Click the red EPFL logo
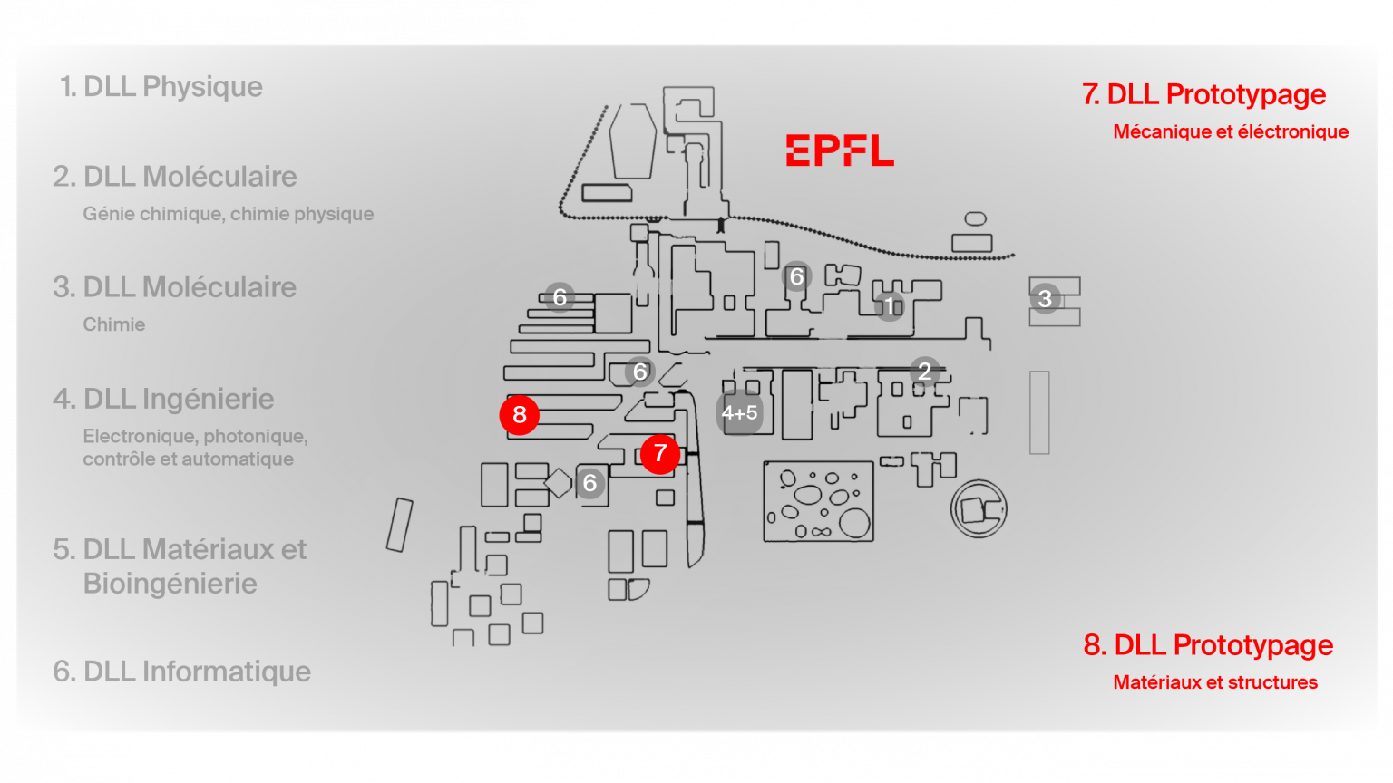click(x=840, y=150)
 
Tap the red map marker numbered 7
click(x=660, y=453)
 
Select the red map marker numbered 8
click(x=520, y=415)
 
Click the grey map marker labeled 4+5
click(x=739, y=413)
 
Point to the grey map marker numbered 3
click(x=1045, y=298)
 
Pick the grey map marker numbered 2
click(x=924, y=371)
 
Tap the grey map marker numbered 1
click(x=890, y=306)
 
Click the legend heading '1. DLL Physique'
click(x=161, y=87)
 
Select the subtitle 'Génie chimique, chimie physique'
click(x=229, y=214)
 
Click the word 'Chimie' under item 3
click(x=114, y=324)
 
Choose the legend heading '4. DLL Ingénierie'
click(x=163, y=399)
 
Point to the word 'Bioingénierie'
click(x=170, y=584)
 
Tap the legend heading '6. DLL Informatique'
click(x=182, y=672)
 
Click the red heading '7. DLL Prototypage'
click(x=1203, y=94)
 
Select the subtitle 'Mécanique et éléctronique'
click(x=1231, y=132)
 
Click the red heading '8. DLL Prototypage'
click(x=1208, y=645)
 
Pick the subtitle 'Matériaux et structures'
click(x=1215, y=682)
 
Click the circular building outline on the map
click(x=979, y=509)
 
